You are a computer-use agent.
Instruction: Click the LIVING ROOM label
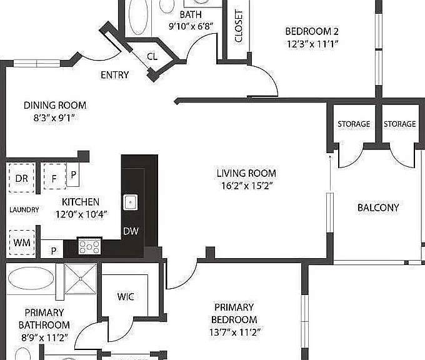[x=246, y=173]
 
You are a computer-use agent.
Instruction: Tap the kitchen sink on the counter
[x=131, y=202]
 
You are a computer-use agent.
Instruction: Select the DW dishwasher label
[x=131, y=231]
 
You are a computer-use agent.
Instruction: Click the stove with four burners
[x=89, y=246]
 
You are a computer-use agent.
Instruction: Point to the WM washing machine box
[x=22, y=242]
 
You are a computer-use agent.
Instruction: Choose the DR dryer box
[x=22, y=178]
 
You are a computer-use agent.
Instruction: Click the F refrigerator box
[x=54, y=176]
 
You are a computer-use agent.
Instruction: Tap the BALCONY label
[x=378, y=207]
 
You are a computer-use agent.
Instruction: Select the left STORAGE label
[x=354, y=124]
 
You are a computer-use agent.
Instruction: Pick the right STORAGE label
[x=399, y=124]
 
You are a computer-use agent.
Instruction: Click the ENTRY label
[x=114, y=75]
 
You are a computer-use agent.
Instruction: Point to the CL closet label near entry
[x=152, y=56]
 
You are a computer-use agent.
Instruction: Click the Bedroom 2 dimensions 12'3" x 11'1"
[x=312, y=44]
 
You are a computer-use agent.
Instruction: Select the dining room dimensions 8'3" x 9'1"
[x=54, y=118]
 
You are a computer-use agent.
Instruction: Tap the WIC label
[x=126, y=297]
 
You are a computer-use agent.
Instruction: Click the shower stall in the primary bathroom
[x=81, y=279]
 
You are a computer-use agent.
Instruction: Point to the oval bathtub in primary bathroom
[x=31, y=278]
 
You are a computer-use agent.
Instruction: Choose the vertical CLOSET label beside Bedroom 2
[x=239, y=26]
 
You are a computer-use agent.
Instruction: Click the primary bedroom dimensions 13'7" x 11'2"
[x=235, y=332]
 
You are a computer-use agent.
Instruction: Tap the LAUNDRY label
[x=24, y=210]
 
